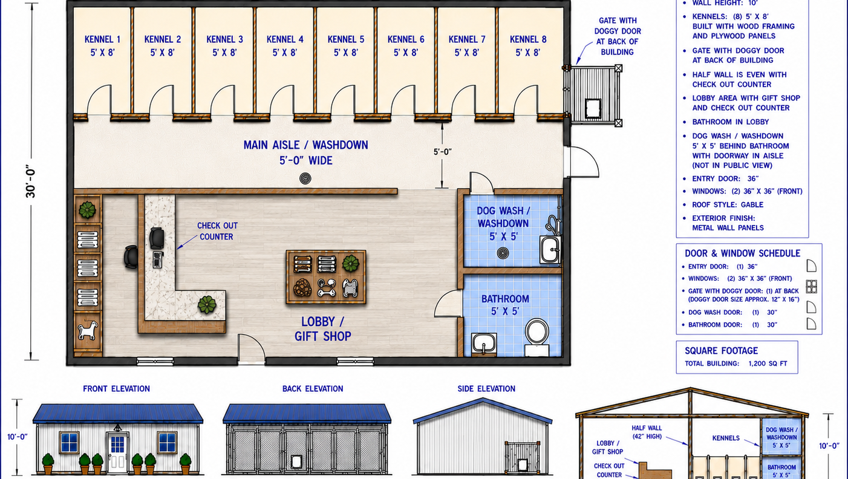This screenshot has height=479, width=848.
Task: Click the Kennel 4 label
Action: [x=285, y=45]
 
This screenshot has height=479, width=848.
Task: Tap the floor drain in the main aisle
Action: [x=305, y=178]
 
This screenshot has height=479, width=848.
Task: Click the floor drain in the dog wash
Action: [x=503, y=253]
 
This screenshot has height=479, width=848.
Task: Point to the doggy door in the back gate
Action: [x=593, y=108]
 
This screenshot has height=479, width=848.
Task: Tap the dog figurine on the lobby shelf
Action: [x=88, y=330]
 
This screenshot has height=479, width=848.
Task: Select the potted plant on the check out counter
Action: [x=207, y=304]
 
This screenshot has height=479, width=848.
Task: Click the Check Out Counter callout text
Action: [x=217, y=231]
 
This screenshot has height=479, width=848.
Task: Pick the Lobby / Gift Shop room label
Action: [x=322, y=328]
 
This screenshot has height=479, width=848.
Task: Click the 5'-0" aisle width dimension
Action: [x=443, y=152]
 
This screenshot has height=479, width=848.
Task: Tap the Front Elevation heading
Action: [x=116, y=388]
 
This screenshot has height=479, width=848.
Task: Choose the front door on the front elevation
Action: [x=117, y=452]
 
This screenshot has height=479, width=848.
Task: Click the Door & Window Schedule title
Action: [x=742, y=253]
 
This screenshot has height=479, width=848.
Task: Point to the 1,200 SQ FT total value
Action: [x=768, y=363]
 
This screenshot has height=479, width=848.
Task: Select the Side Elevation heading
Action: [x=486, y=388]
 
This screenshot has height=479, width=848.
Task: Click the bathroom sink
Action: [x=484, y=344]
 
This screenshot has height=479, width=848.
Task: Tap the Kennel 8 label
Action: [x=527, y=45]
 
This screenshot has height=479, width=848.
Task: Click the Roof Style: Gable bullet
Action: [x=728, y=205]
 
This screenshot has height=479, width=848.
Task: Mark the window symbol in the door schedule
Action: [x=811, y=287]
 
